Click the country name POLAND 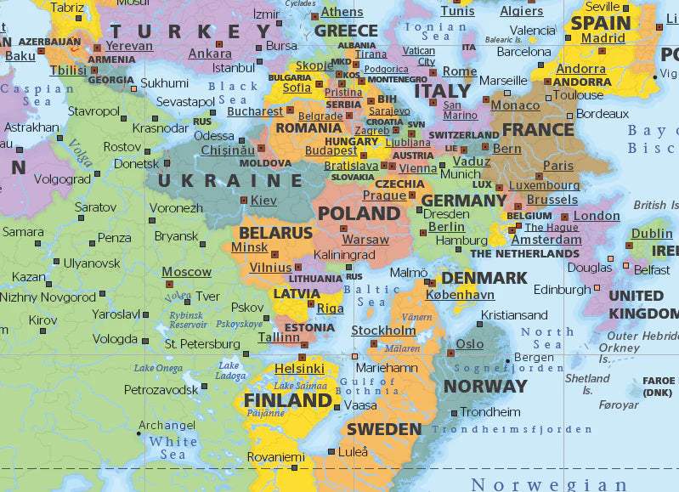coord(358,213)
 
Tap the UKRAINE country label coord(231,180)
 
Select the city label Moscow coord(186,272)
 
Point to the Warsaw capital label coord(365,240)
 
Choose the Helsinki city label coord(299,369)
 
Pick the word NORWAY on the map coord(485,386)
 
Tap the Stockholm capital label coord(383,331)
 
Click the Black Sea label coord(233,93)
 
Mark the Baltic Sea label coord(371,296)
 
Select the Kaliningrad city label coord(344,254)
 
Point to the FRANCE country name coord(538,130)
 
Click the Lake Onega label coord(158,368)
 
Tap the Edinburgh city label coord(562,290)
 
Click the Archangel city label coord(167,425)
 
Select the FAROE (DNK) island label coord(659,387)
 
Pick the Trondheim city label coord(489,412)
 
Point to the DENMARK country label coord(484,278)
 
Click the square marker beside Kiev coord(244,201)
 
